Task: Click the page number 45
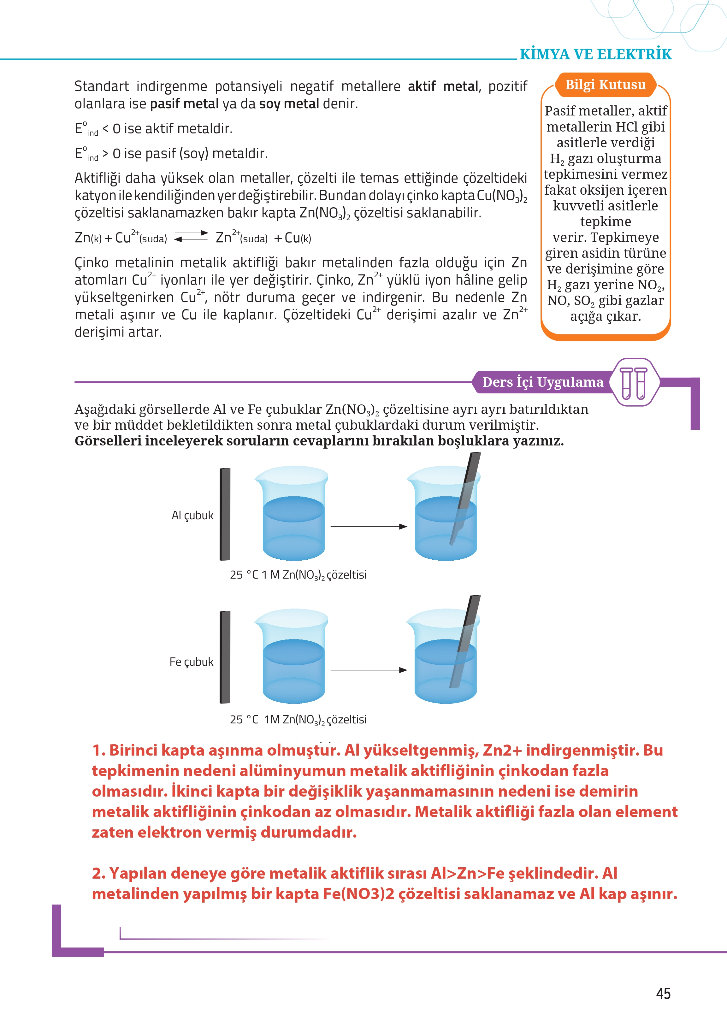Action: (x=663, y=993)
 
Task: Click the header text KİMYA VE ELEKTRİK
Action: (x=595, y=54)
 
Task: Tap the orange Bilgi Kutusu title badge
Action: (x=605, y=85)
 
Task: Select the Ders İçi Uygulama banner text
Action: (x=542, y=382)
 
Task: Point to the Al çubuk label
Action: (x=192, y=515)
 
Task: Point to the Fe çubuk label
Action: (x=191, y=662)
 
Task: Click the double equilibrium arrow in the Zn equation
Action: (x=191, y=236)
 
